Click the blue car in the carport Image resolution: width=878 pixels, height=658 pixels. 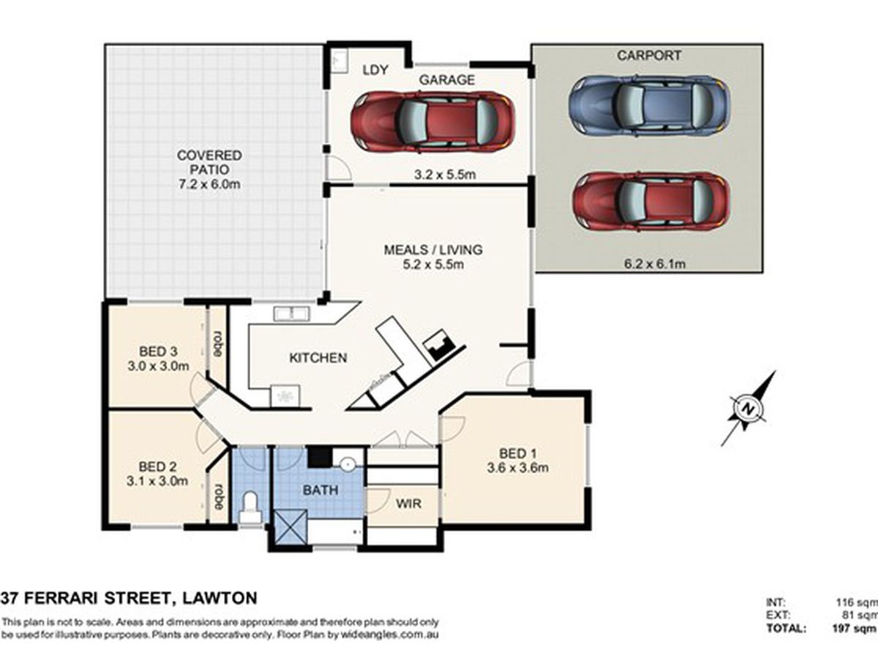coord(649,105)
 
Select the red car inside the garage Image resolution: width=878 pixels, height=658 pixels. coord(432,121)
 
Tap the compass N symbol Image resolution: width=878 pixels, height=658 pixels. coord(747,409)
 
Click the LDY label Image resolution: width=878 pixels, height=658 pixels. coord(375,70)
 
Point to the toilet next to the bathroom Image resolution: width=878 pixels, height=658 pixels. coord(250,507)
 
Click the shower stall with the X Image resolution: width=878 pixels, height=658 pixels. coord(290,526)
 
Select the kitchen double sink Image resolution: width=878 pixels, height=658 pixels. coord(291,314)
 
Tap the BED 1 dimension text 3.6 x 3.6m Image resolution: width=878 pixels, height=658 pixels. coord(517,468)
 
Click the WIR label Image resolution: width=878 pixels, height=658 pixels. coord(409,504)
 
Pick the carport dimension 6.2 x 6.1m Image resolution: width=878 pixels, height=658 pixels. coord(655,264)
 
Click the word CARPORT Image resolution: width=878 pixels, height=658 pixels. coord(649,56)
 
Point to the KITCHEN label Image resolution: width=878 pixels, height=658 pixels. coord(318,358)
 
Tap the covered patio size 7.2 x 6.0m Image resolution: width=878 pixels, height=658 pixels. coord(209,184)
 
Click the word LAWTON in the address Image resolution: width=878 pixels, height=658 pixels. coord(219,598)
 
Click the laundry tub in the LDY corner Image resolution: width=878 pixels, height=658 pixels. coord(339,61)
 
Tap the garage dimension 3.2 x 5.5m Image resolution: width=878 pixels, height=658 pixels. coord(445,175)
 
